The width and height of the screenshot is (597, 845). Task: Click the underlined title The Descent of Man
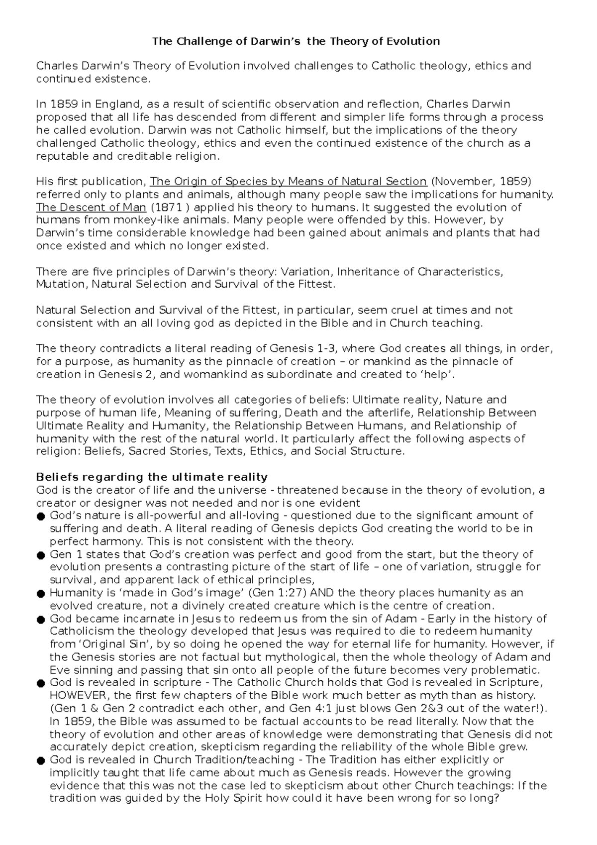(91, 208)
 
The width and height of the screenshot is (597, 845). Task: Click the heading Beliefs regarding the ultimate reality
(152, 477)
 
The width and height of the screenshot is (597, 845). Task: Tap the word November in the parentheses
(463, 182)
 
